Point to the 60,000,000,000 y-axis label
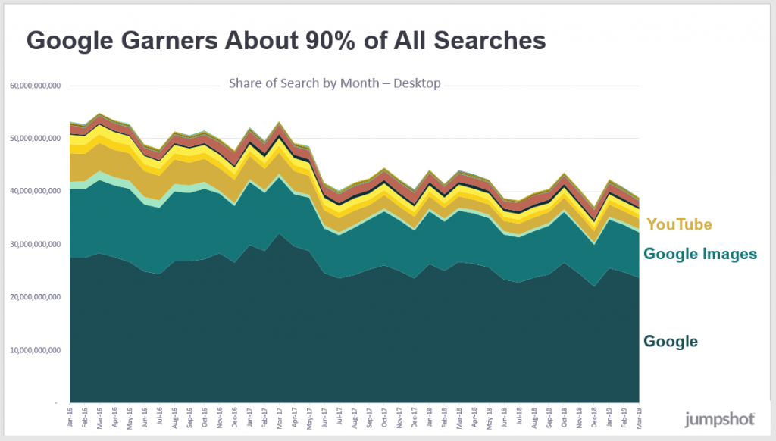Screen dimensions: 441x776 pyautogui.click(x=35, y=86)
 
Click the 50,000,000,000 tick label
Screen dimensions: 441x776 pyautogui.click(x=35, y=139)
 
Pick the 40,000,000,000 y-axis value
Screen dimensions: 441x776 pyautogui.click(x=35, y=192)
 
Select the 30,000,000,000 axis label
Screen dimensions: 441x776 pyautogui.click(x=35, y=245)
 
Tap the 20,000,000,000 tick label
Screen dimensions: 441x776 pyautogui.click(x=35, y=298)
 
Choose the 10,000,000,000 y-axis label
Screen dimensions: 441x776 pyautogui.click(x=35, y=351)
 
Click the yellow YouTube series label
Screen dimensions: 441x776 pyautogui.click(x=679, y=224)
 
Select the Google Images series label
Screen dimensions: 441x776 pyautogui.click(x=699, y=254)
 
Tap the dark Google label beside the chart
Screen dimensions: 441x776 pyautogui.click(x=671, y=342)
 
